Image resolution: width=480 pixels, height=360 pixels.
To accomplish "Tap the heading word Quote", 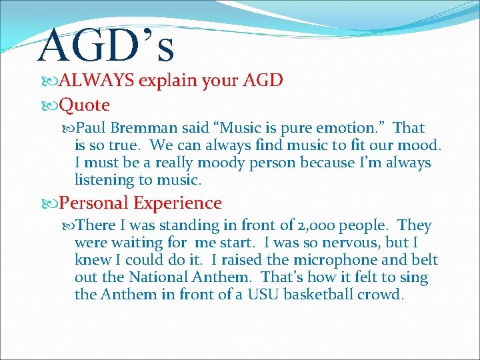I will (x=85, y=105).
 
